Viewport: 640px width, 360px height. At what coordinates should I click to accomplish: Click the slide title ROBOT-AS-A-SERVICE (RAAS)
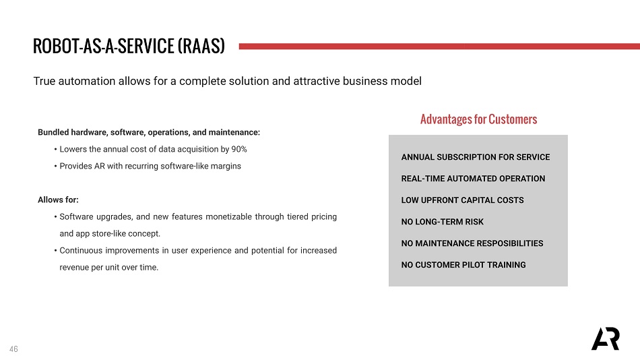[x=129, y=46]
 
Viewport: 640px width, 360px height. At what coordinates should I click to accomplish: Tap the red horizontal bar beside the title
[x=439, y=47]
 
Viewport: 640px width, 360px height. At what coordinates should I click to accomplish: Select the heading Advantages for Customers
[x=479, y=119]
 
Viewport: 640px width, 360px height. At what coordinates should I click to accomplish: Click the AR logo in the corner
[x=606, y=338]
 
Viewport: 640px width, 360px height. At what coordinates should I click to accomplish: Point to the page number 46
[x=13, y=349]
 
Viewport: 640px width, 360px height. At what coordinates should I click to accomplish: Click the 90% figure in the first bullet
[x=239, y=149]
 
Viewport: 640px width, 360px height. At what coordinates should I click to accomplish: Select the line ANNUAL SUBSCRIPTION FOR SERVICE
[x=476, y=157]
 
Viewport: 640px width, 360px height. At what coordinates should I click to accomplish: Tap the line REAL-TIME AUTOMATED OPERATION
[x=473, y=179]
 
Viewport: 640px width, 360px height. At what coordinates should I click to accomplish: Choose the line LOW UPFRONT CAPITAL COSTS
[x=462, y=200]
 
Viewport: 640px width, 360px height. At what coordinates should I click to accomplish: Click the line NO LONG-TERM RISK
[x=443, y=222]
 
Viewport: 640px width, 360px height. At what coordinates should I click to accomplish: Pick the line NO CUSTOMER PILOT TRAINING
[x=463, y=265]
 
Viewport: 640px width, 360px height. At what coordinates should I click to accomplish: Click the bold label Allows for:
[x=58, y=200]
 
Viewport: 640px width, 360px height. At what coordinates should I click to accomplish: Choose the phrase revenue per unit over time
[x=108, y=268]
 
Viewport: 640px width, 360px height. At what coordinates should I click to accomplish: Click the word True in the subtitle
[x=44, y=81]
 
